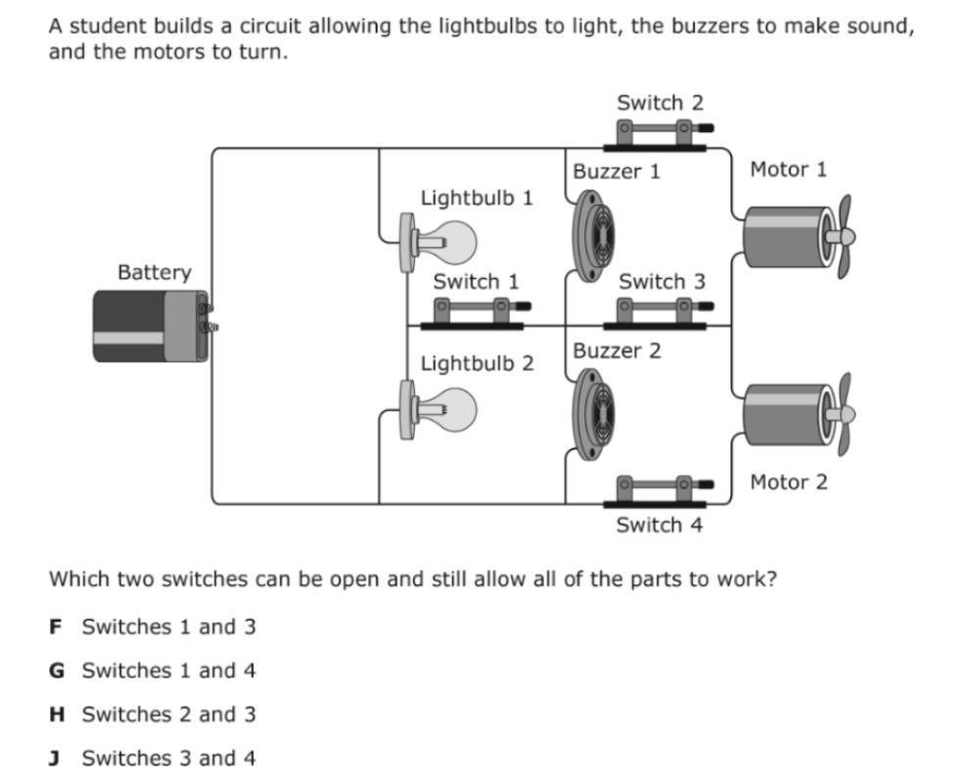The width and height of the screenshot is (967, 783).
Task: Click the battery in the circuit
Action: point(152,326)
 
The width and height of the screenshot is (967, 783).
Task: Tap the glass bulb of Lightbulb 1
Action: point(454,242)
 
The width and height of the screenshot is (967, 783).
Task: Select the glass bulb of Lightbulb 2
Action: point(454,410)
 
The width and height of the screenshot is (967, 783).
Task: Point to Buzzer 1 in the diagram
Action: point(593,236)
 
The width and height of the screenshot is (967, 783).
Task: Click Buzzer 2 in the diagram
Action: point(593,414)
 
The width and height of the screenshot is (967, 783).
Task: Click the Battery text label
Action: point(155,272)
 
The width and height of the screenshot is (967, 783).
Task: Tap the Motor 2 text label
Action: point(789,483)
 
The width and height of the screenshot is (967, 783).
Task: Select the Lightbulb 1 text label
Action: point(477,198)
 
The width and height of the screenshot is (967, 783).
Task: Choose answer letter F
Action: point(56,626)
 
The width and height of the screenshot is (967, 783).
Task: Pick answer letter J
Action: point(54,758)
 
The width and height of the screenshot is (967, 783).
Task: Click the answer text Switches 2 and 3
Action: point(169,714)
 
